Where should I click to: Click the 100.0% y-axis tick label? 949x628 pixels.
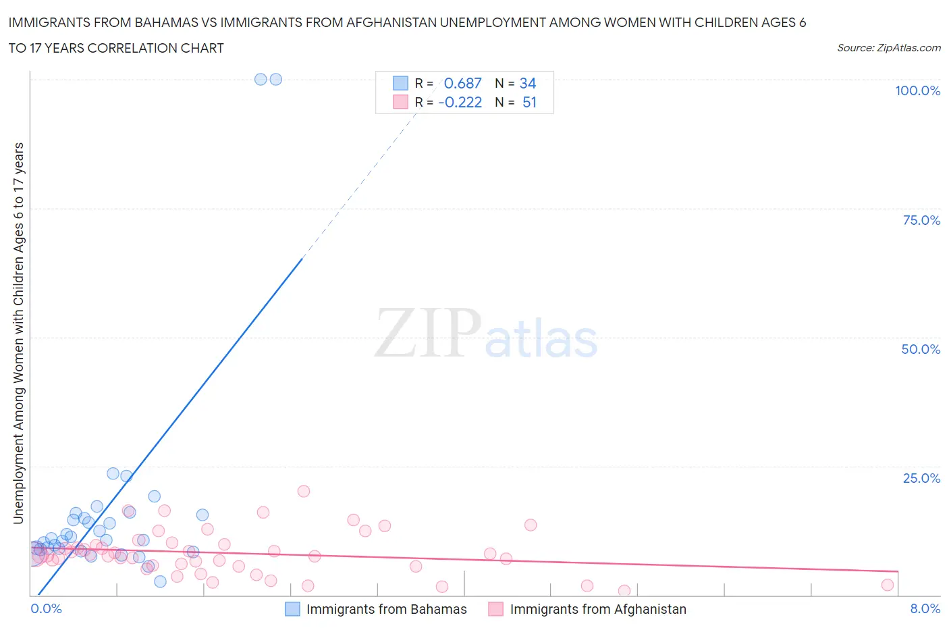[x=917, y=90]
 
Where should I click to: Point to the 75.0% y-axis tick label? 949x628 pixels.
[x=921, y=220]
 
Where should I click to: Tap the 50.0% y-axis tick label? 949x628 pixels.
[x=921, y=349]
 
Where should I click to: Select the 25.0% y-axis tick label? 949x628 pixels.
[x=921, y=478]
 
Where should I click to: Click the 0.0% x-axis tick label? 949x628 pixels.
[x=47, y=608]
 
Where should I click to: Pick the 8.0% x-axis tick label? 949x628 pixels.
[x=925, y=608]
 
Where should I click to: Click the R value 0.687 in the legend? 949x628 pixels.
[x=462, y=83]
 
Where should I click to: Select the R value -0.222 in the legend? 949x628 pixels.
[x=460, y=102]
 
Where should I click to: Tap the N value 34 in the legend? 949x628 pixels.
[x=528, y=83]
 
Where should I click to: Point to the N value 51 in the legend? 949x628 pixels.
[x=529, y=102]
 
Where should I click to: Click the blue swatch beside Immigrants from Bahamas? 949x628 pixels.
[x=292, y=609]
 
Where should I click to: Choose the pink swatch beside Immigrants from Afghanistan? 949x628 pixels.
[x=496, y=609]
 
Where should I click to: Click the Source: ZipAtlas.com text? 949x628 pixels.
[x=888, y=47]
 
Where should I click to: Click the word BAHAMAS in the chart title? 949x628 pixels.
[x=164, y=23]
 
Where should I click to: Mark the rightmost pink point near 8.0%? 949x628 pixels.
[x=888, y=585]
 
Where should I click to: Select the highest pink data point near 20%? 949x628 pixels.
[x=304, y=491]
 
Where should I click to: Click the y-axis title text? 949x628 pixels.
[x=18, y=333]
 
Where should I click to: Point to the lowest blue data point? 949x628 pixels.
[x=160, y=581]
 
